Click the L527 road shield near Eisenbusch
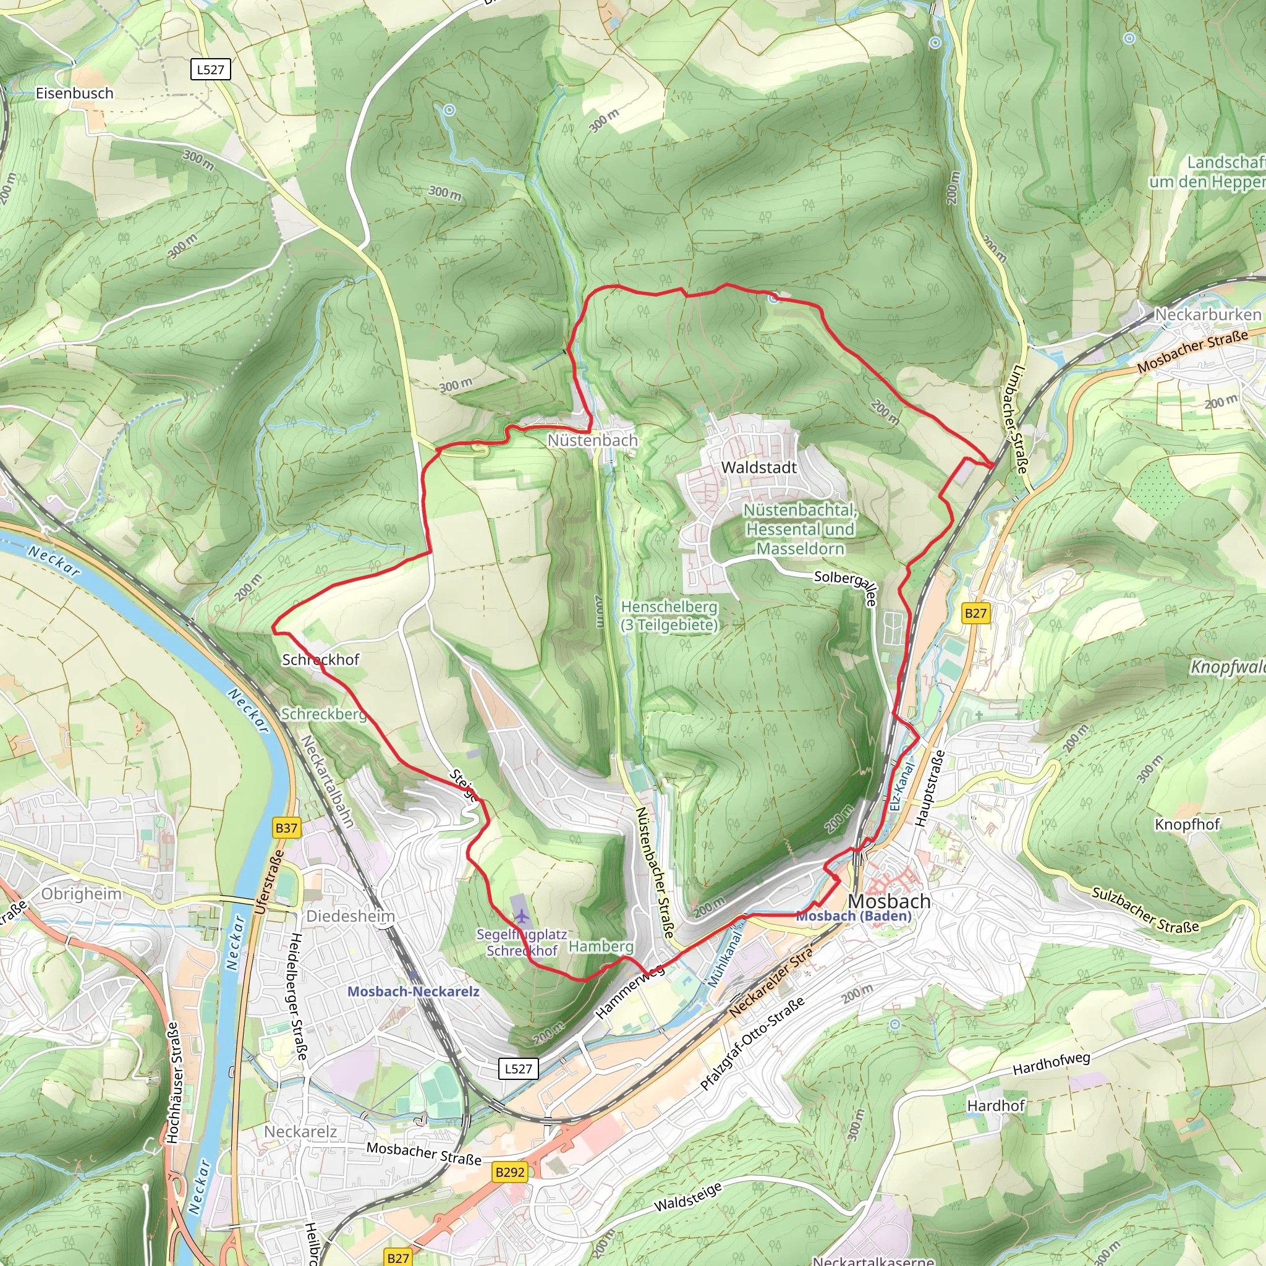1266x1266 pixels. click(210, 69)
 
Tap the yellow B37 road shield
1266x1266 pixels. click(286, 828)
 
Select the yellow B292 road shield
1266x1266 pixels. click(510, 1171)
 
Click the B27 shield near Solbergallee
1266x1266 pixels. click(975, 613)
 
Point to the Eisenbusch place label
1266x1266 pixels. click(74, 93)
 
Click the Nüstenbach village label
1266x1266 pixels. click(592, 440)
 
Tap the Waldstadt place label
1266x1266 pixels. click(759, 467)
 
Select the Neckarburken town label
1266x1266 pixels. click(1207, 315)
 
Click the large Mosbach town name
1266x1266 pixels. click(888, 901)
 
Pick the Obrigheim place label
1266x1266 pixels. click(81, 894)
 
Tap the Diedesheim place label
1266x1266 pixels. click(350, 916)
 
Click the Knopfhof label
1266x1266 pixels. click(1187, 825)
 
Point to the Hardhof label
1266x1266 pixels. click(995, 1106)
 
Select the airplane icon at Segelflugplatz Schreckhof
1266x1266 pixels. click(521, 916)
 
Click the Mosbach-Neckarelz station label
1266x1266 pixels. click(413, 992)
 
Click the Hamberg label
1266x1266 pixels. click(600, 946)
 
